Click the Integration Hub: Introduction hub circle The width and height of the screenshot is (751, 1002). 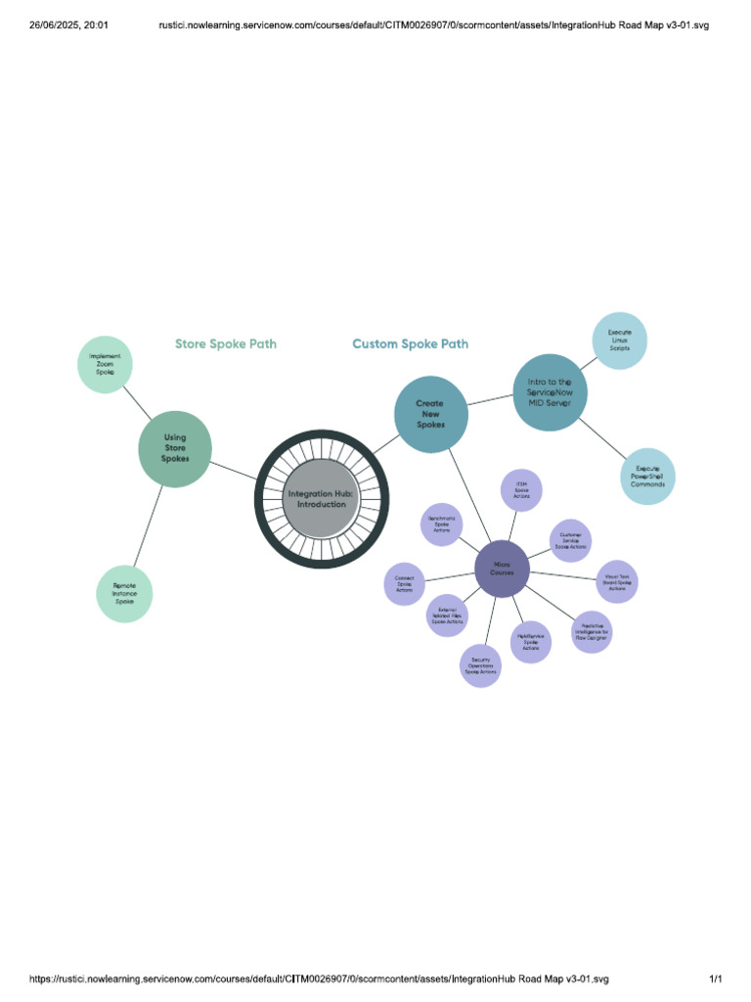322,499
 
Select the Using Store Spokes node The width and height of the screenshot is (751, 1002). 175,449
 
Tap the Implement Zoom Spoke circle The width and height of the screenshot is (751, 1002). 105,365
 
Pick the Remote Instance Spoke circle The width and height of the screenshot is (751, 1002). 124,593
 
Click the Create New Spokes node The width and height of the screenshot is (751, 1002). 430,415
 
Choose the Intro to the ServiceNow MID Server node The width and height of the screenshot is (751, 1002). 550,391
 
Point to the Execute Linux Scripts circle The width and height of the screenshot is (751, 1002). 619,341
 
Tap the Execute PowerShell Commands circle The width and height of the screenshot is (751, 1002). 647,477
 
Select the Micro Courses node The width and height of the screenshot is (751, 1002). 502,569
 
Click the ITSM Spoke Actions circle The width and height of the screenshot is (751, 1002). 521,490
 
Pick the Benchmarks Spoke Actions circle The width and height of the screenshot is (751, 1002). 441,524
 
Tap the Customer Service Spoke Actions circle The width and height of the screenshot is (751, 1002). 570,540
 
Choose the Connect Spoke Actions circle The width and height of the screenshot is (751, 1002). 404,584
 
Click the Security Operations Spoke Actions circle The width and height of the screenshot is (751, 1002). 480,665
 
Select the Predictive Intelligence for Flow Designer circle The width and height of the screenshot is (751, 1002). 591,631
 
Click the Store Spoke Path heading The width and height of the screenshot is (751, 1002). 226,343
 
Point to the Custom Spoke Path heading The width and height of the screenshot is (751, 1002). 410,343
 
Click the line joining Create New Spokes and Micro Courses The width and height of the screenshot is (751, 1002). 466,494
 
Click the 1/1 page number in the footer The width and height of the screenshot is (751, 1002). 715,979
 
